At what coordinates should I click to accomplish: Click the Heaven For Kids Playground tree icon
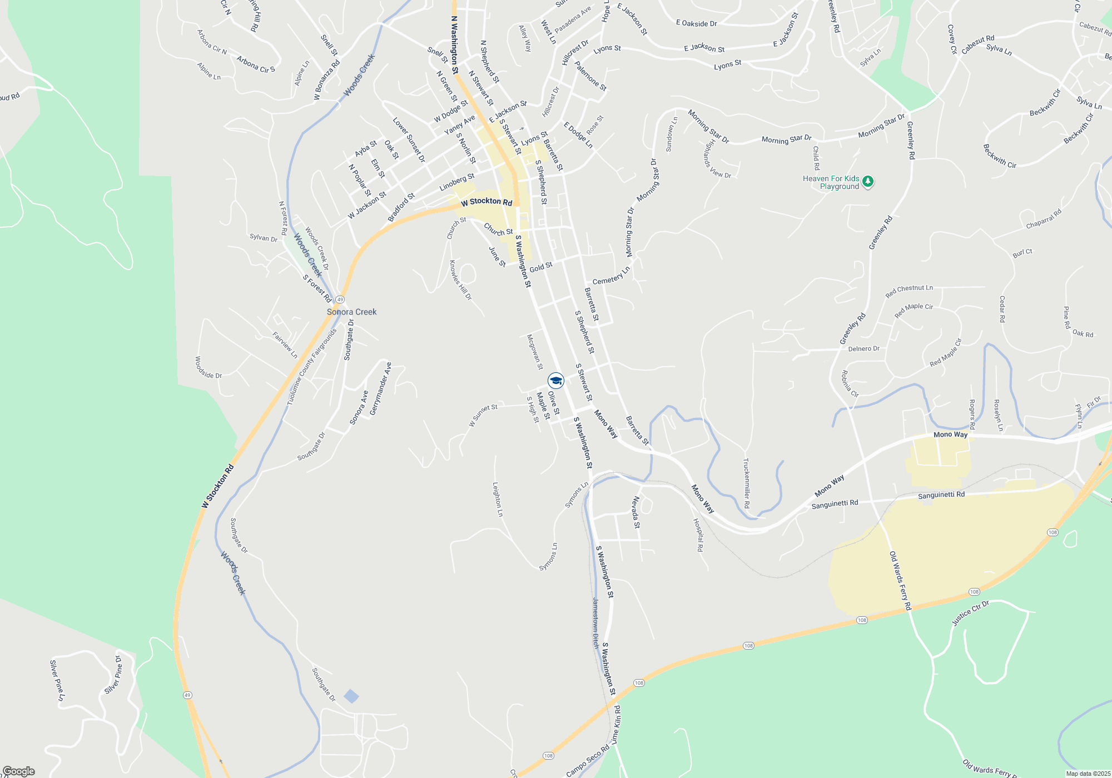click(867, 182)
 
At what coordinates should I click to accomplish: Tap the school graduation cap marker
click(555, 381)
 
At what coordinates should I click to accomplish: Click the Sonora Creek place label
click(351, 312)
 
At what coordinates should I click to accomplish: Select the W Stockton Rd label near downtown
click(487, 202)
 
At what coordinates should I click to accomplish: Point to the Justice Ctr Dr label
click(971, 613)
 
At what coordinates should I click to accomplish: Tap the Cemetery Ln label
click(611, 276)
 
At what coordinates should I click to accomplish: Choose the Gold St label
click(540, 267)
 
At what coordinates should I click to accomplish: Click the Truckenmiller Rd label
click(746, 483)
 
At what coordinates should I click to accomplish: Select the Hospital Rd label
click(698, 535)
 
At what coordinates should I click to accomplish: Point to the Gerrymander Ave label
click(381, 388)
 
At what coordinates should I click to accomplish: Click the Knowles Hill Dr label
click(460, 280)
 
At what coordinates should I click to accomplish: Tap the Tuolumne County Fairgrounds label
click(312, 367)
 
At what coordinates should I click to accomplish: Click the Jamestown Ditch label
click(595, 623)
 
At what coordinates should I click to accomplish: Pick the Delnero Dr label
click(863, 349)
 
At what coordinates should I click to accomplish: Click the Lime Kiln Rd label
click(616, 725)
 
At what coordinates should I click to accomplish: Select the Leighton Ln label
click(498, 499)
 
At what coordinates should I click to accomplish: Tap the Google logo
click(18, 771)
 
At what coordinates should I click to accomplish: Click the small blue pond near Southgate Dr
click(351, 696)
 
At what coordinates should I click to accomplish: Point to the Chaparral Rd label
click(1044, 219)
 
